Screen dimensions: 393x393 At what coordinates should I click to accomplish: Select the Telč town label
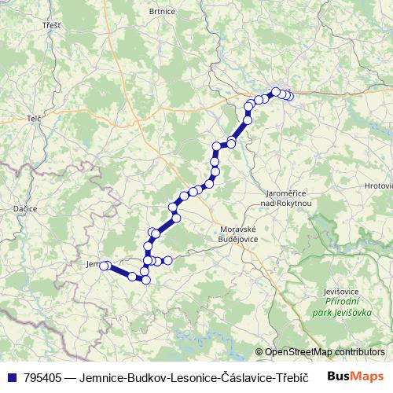pyautogui.click(x=34, y=117)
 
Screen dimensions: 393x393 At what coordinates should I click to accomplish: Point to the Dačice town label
pyautogui.click(x=25, y=208)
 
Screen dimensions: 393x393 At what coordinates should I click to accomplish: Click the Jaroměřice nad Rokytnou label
pyautogui.click(x=290, y=197)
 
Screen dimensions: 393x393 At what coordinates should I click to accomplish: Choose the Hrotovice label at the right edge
pyautogui.click(x=379, y=185)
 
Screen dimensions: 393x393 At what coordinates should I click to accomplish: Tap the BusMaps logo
pyautogui.click(x=356, y=376)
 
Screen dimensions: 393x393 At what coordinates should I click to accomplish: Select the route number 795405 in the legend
pyautogui.click(x=41, y=377)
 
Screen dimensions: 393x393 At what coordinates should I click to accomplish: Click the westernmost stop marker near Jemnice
pyautogui.click(x=102, y=266)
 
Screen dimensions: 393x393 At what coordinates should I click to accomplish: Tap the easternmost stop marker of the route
pyautogui.click(x=289, y=96)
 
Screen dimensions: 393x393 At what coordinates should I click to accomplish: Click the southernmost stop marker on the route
pyautogui.click(x=145, y=279)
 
